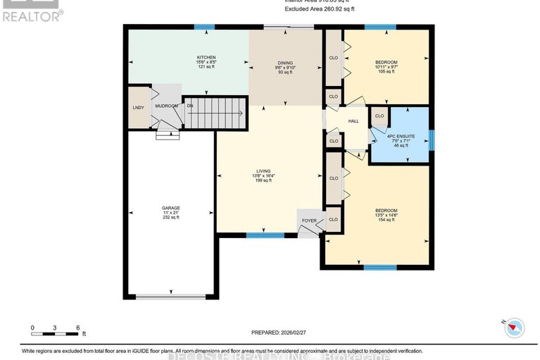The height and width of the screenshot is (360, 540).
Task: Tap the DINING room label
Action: pyautogui.click(x=284, y=63)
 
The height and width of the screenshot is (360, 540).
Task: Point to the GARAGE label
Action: pyautogui.click(x=171, y=208)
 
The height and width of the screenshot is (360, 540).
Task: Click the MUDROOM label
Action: pyautogui.click(x=166, y=106)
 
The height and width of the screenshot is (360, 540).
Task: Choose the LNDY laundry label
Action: pyautogui.click(x=138, y=107)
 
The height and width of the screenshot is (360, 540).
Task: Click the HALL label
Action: pyautogui.click(x=354, y=121)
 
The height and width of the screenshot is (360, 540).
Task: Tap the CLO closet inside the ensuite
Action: pyautogui.click(x=379, y=116)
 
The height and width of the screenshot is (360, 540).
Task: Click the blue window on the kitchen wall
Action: pyautogui.click(x=204, y=27)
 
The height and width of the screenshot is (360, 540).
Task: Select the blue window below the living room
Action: pyautogui.click(x=260, y=235)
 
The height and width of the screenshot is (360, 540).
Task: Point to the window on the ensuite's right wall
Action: pyautogui.click(x=431, y=139)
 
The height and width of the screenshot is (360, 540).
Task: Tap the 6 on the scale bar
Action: pyautogui.click(x=77, y=328)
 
